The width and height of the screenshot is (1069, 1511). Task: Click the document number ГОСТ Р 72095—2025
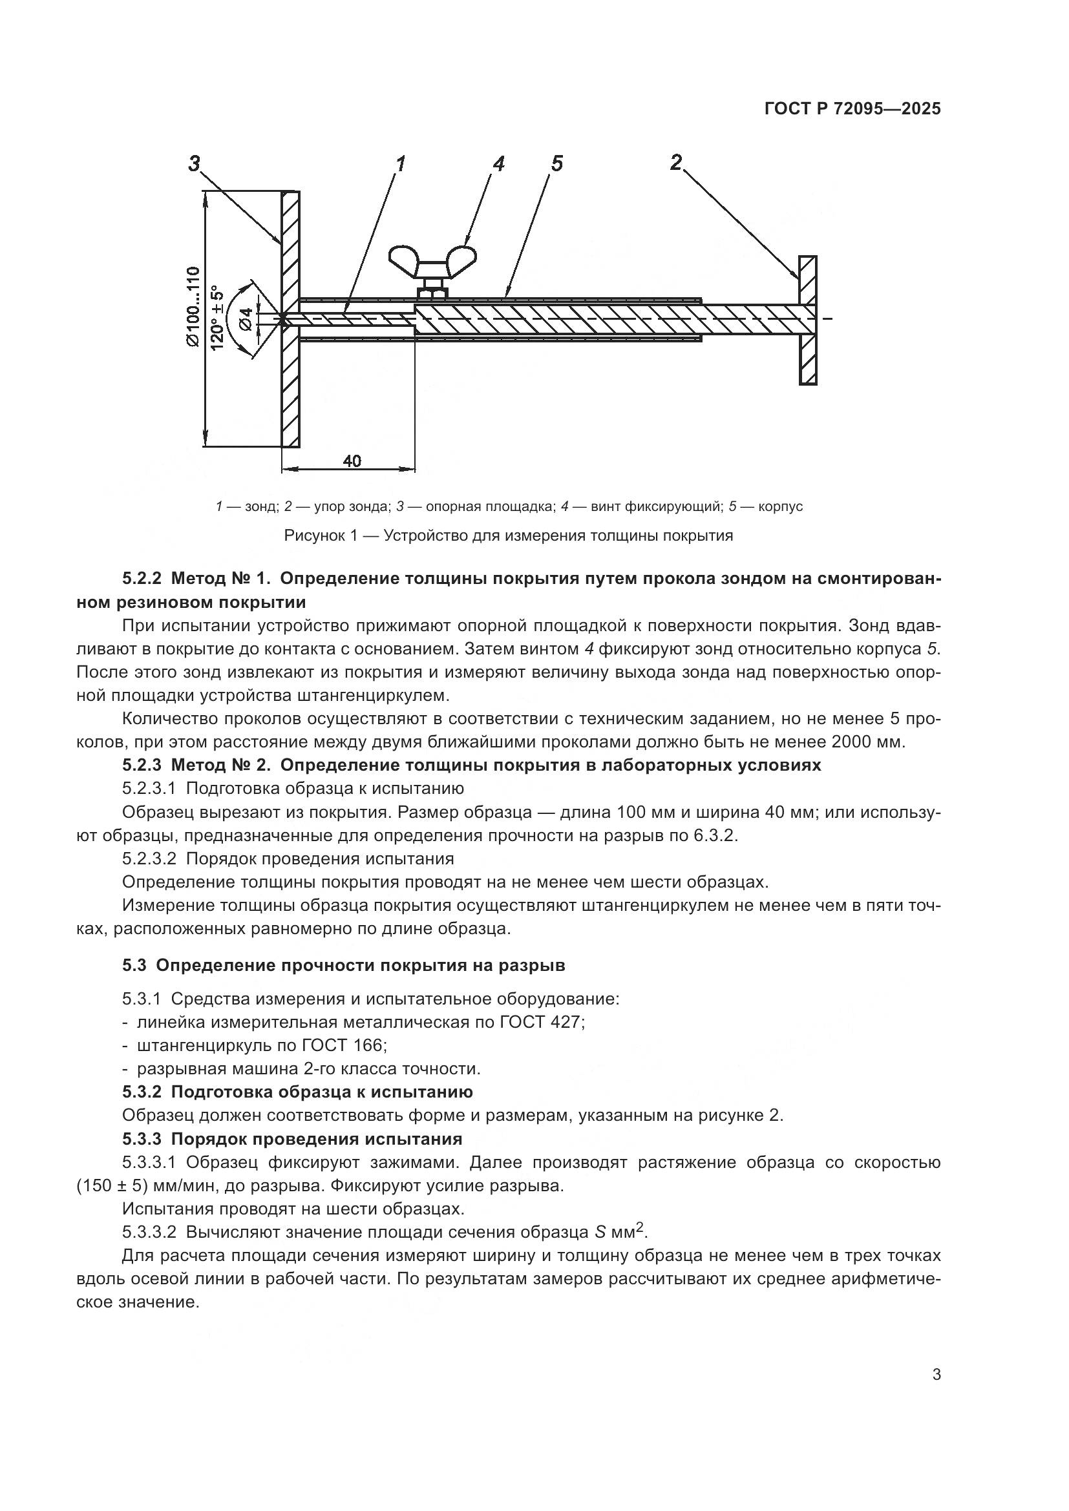[x=852, y=109]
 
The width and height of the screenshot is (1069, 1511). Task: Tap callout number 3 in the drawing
[x=193, y=163]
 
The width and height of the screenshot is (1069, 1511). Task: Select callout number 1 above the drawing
[x=399, y=163]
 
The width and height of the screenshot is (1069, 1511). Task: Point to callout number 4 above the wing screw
[x=498, y=163]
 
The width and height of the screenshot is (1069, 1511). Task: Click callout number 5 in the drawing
[x=557, y=163]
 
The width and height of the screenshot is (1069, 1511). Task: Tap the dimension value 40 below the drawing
[x=352, y=461]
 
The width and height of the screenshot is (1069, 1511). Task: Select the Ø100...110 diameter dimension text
[x=192, y=306]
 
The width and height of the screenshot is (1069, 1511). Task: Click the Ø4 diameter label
[x=245, y=319]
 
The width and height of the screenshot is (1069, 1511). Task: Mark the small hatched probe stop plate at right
[x=808, y=320]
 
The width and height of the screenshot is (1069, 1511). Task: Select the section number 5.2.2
[x=142, y=578]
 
